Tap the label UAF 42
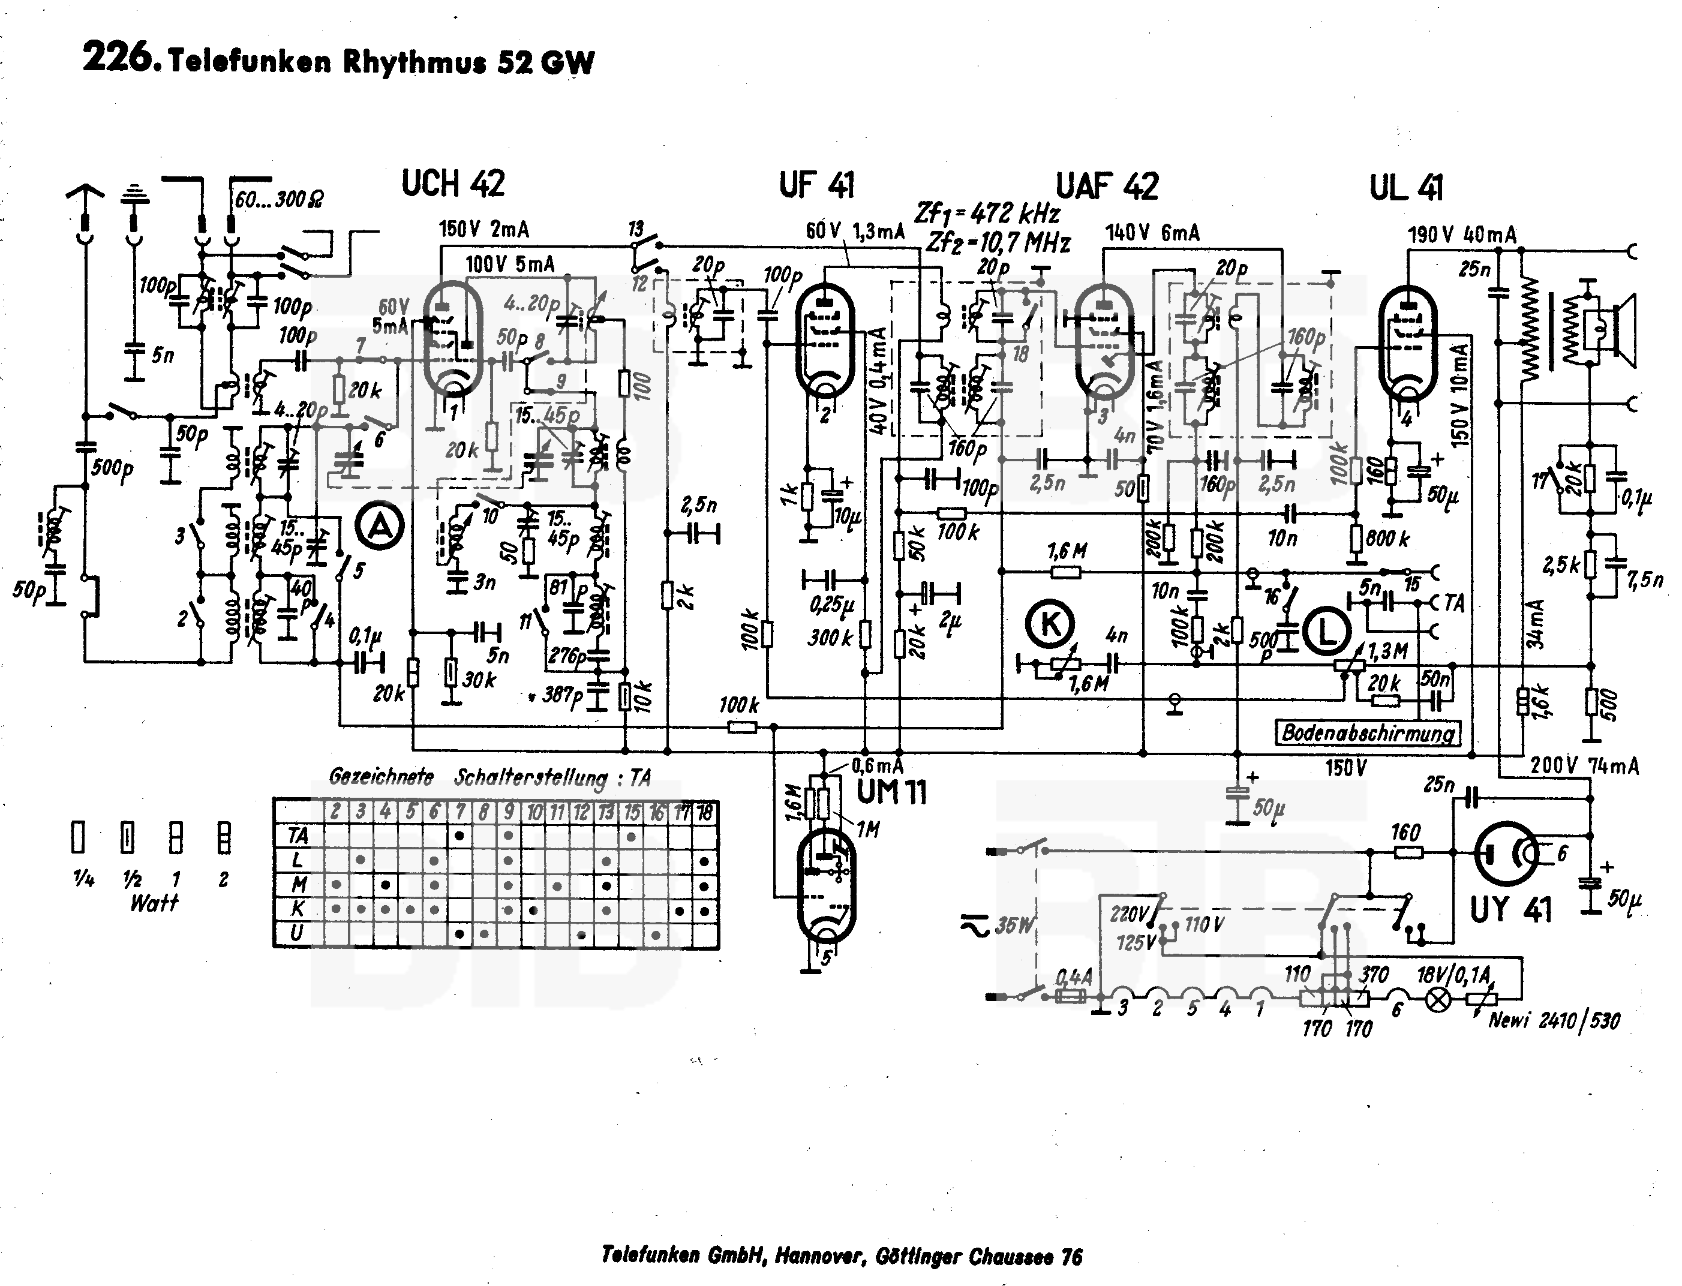(x=1107, y=186)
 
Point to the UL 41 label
(x=1407, y=188)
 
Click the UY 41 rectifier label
(x=1510, y=909)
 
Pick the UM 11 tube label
(x=891, y=792)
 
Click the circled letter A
(x=380, y=527)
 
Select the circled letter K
(x=1050, y=624)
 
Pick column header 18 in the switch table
(x=704, y=812)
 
